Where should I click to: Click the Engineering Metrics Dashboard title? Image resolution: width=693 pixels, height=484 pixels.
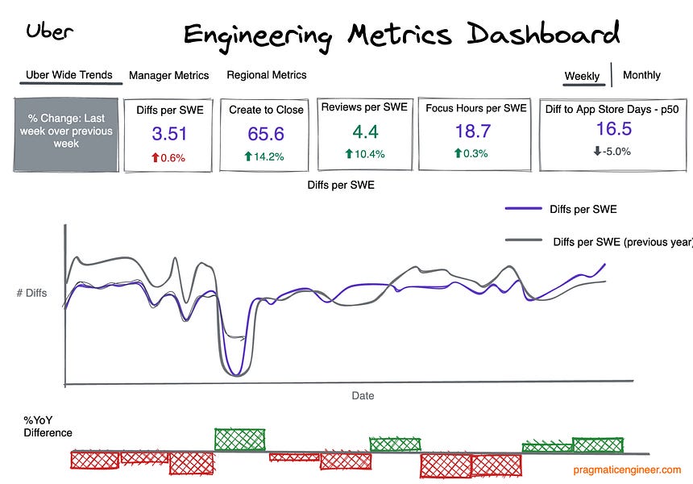click(x=401, y=34)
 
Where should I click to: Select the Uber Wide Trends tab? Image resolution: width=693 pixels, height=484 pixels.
click(x=69, y=75)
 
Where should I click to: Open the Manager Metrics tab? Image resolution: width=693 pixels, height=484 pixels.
click(x=168, y=75)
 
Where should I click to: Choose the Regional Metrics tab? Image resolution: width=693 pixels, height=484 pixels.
click(x=266, y=75)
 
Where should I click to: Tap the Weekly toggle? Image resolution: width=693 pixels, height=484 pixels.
click(x=582, y=76)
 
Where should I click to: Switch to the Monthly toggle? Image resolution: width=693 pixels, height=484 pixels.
click(x=641, y=75)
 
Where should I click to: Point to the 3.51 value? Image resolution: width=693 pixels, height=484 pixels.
click(x=169, y=133)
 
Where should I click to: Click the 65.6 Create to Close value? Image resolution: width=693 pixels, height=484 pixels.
click(x=265, y=134)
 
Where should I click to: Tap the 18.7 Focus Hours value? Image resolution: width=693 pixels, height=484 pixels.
click(x=475, y=131)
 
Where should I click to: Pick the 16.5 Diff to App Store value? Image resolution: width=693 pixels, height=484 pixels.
click(x=613, y=129)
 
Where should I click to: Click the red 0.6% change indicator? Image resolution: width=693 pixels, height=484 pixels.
click(x=169, y=158)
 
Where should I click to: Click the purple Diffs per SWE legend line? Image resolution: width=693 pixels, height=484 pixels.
click(x=523, y=209)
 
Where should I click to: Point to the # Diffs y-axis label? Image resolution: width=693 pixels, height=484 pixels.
click(x=31, y=293)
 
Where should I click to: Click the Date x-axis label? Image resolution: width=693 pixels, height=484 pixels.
click(x=363, y=395)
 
